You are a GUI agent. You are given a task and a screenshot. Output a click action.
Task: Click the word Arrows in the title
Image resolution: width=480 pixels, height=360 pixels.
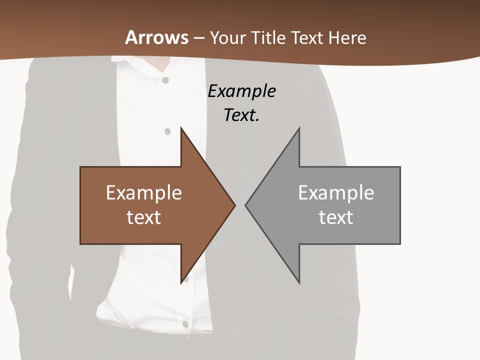tap(156, 37)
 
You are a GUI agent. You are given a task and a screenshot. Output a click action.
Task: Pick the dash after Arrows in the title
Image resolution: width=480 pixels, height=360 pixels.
tap(199, 38)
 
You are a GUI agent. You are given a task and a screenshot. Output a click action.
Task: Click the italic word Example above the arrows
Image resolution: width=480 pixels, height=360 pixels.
tap(241, 91)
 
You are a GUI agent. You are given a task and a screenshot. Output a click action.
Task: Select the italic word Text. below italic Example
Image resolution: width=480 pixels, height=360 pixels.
tap(241, 115)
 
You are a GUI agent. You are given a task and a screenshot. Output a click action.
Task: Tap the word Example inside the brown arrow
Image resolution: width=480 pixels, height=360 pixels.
tap(144, 192)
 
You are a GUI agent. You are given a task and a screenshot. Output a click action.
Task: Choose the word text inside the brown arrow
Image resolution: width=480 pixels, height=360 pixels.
tap(144, 217)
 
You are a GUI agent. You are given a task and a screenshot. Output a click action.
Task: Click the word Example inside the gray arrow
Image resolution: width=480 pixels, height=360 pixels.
tap(336, 192)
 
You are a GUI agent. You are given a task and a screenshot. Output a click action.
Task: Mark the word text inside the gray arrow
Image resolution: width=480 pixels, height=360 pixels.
tap(336, 217)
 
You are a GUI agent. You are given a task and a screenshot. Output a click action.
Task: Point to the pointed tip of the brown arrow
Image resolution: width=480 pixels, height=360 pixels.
tap(235, 204)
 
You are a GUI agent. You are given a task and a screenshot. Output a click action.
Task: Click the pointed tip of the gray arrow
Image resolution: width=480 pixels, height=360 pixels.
tap(245, 204)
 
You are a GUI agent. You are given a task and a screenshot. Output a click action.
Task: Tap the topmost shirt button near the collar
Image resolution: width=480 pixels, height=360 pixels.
tap(165, 80)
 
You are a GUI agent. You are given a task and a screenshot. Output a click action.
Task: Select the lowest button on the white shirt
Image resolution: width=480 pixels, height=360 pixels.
tap(185, 324)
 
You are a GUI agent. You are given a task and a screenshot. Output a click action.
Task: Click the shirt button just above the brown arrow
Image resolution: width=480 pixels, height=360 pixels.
tap(167, 131)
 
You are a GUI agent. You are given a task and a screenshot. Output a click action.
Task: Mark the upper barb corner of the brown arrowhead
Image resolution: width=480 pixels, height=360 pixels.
tap(181, 128)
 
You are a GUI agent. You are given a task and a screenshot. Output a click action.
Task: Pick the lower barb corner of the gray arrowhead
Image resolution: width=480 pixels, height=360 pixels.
tap(299, 283)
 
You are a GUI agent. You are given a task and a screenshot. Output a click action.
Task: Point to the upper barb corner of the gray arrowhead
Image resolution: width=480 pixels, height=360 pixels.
tap(299, 128)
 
